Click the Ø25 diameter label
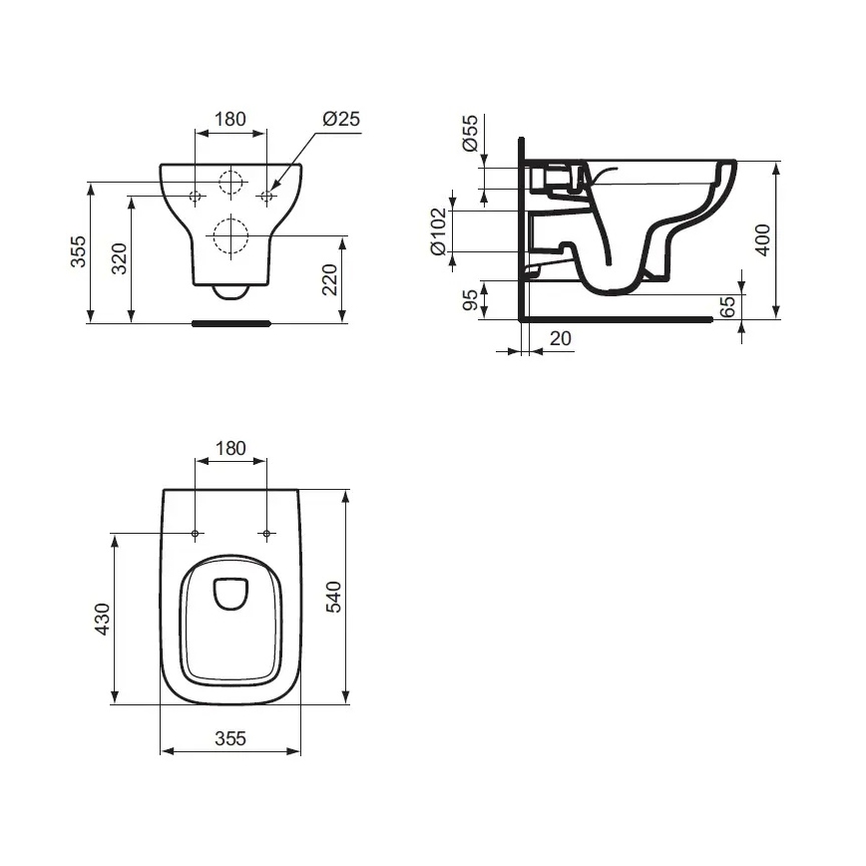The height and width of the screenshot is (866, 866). click(x=340, y=119)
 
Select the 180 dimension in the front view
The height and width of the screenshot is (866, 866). click(x=230, y=119)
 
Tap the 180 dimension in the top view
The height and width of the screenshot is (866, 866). click(x=230, y=448)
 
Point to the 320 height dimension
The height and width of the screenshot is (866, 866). click(x=119, y=259)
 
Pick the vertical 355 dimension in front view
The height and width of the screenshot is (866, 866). click(x=78, y=252)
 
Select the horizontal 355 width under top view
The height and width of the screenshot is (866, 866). click(x=230, y=738)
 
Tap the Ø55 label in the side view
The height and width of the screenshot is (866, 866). click(x=470, y=133)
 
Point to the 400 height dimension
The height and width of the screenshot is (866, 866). click(x=762, y=239)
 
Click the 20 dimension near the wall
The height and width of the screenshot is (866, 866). click(x=561, y=338)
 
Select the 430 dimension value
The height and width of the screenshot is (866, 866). click(x=102, y=619)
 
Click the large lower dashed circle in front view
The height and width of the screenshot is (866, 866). click(x=230, y=236)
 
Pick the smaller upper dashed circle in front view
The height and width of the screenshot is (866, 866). click(x=230, y=183)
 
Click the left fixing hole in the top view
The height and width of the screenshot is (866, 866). click(x=196, y=534)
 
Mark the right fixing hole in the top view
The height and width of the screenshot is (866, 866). click(x=266, y=534)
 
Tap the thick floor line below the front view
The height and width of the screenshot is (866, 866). click(x=230, y=323)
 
